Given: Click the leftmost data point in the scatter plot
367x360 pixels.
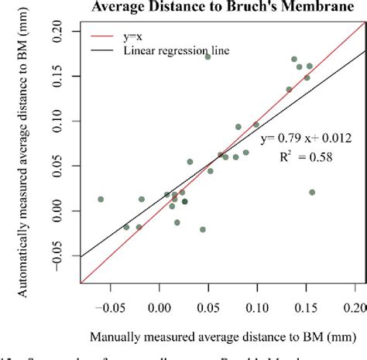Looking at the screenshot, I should click(101, 199).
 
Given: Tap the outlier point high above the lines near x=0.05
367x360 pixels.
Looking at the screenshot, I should click(208, 57).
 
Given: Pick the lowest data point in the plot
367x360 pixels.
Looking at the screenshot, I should click(203, 229).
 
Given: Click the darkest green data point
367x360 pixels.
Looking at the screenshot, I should click(184, 201).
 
